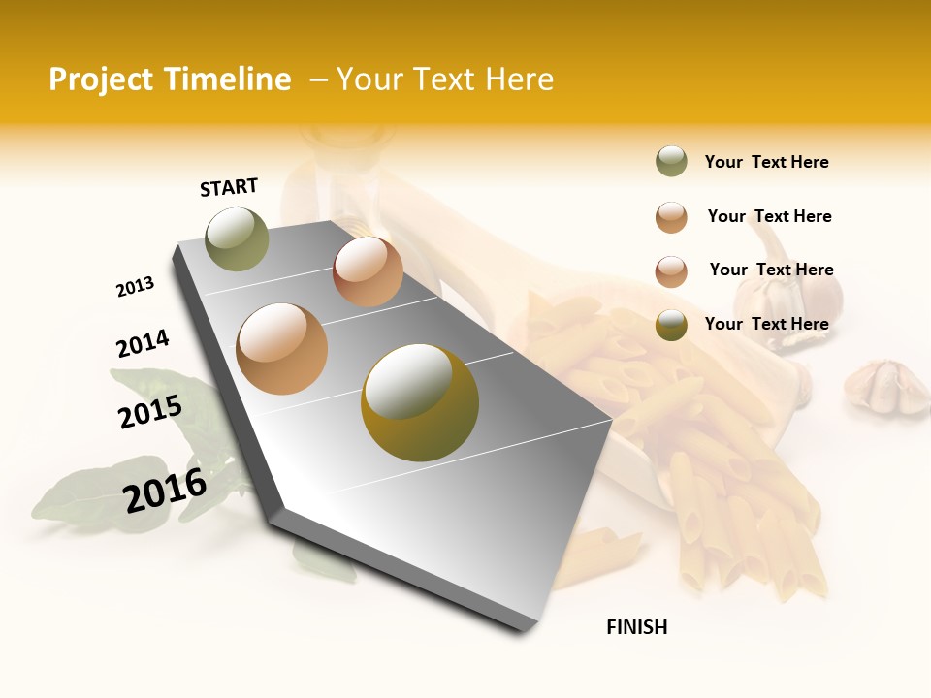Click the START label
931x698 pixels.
click(x=229, y=186)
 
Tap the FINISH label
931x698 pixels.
click(x=637, y=627)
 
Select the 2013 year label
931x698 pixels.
click(x=135, y=287)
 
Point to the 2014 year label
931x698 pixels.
click(x=143, y=344)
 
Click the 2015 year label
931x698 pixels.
click(x=150, y=412)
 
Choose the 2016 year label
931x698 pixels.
click(x=165, y=491)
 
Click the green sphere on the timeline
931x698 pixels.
click(x=238, y=238)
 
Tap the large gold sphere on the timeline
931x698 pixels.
click(x=420, y=401)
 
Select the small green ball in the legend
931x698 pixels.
click(x=671, y=161)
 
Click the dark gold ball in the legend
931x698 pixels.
click(x=671, y=325)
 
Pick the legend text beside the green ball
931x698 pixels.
click(x=766, y=162)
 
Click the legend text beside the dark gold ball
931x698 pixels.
click(x=766, y=324)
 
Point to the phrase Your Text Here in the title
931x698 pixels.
click(x=445, y=79)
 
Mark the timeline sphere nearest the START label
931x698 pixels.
click(x=238, y=238)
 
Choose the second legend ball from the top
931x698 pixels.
click(x=671, y=216)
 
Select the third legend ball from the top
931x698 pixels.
click(x=671, y=270)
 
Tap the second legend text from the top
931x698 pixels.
click(x=769, y=216)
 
